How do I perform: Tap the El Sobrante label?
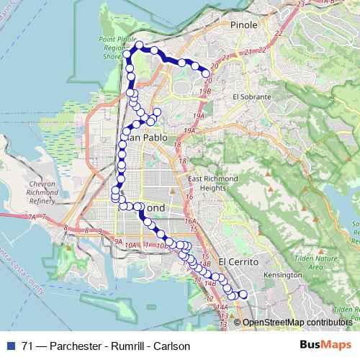click(x=251, y=96)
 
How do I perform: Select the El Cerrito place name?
click(x=238, y=262)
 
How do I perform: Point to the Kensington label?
click(x=283, y=276)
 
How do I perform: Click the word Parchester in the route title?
click(x=83, y=346)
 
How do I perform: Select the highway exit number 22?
click(x=261, y=50)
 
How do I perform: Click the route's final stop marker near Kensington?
click(x=243, y=294)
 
